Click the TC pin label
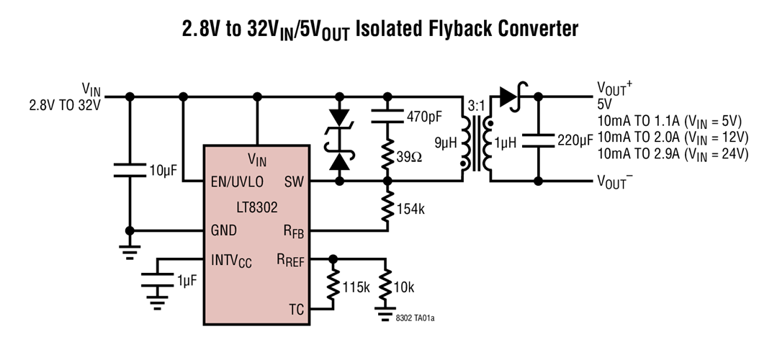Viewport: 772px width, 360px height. coord(296,310)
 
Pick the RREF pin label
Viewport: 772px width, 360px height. coord(291,260)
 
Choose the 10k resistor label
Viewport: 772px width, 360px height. coord(405,288)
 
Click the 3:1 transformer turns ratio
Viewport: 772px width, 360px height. coord(476,106)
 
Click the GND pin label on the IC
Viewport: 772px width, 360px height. coord(223,231)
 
